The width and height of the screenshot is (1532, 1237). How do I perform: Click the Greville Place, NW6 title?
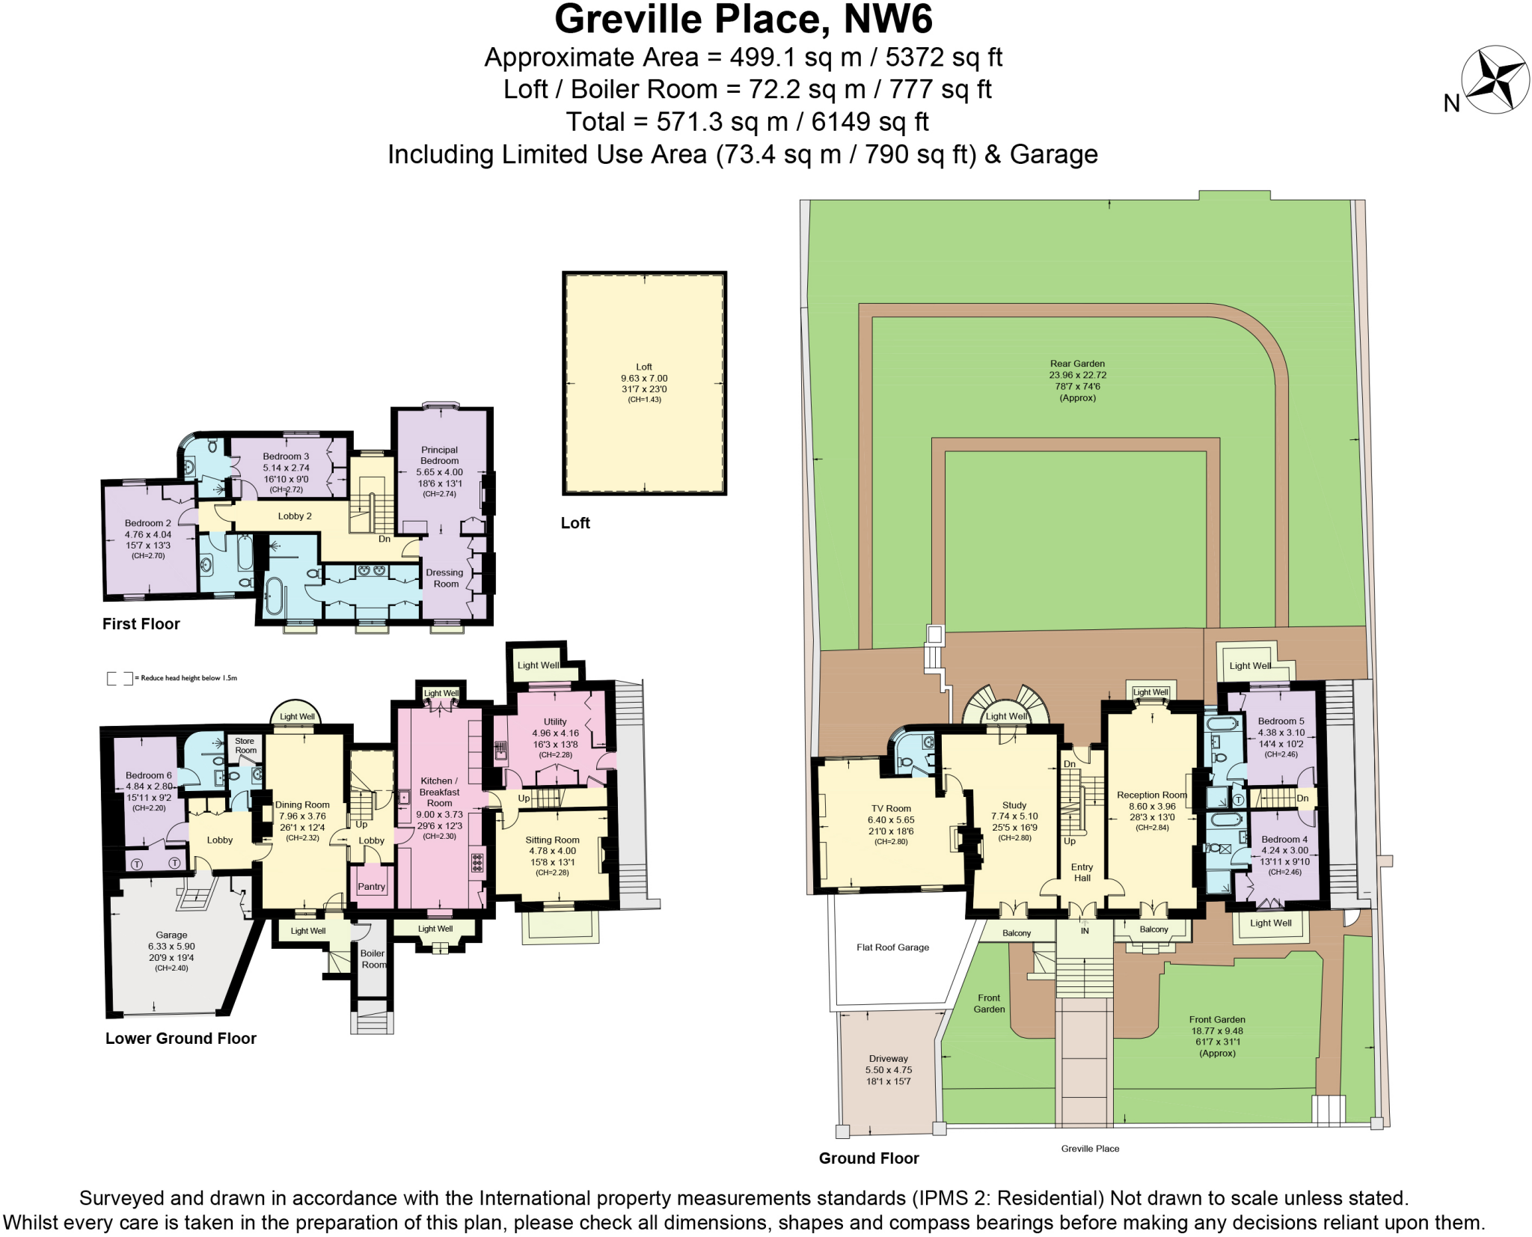coord(744,19)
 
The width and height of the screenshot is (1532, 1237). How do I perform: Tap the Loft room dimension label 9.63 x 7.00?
coord(644,379)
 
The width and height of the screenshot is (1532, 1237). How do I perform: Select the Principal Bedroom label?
coord(439,455)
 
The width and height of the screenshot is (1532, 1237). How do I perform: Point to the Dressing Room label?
coord(444,578)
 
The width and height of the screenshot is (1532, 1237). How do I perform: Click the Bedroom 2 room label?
coord(148,523)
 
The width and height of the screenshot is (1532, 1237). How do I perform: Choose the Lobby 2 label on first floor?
coord(295,516)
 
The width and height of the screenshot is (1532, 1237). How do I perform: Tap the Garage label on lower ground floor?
coord(171,935)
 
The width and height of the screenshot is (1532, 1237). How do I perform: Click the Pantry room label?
coord(371,886)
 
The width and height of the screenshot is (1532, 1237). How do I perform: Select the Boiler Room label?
coord(373,959)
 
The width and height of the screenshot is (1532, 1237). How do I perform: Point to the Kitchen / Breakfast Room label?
coord(439,792)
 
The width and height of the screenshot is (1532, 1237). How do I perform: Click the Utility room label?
coord(555,721)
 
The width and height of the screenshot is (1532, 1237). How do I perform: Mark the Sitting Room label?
coord(552,840)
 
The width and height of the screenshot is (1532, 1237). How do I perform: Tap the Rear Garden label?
coord(1077,364)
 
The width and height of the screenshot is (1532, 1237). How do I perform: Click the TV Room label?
coord(891,808)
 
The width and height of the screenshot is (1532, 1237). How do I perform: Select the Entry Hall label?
coord(1082,873)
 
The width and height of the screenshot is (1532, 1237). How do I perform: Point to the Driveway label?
coord(889,1058)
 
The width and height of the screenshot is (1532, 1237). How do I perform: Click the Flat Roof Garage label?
coord(892,947)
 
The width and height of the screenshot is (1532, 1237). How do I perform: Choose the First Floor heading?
coord(141,624)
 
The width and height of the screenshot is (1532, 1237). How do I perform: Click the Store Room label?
coord(245,745)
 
